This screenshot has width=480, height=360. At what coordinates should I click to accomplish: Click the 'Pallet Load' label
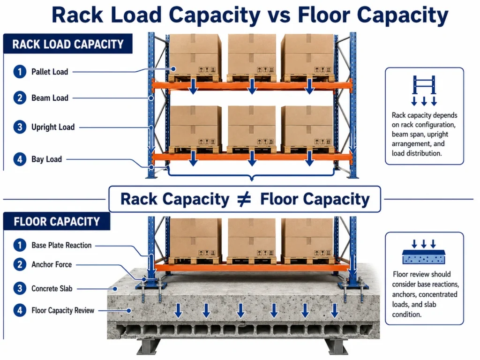pyautogui.click(x=50, y=72)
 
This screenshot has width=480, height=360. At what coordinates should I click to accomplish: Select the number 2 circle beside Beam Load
pyautogui.click(x=20, y=98)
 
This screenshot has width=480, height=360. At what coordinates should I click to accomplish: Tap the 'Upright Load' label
pyautogui.click(x=53, y=127)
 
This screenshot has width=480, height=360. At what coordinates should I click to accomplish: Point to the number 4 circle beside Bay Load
pyautogui.click(x=20, y=159)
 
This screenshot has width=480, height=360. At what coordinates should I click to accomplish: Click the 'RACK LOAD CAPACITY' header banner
pyautogui.click(x=68, y=44)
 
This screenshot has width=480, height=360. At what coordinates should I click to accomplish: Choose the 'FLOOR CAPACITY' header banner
pyautogui.click(x=57, y=221)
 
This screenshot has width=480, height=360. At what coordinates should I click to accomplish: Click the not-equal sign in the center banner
pyautogui.click(x=244, y=199)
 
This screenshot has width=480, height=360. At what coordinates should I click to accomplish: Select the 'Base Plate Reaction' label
pyautogui.click(x=61, y=245)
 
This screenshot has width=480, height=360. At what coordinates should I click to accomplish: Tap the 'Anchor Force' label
pyautogui.click(x=52, y=264)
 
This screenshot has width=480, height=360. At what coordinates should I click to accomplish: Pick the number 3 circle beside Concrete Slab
pyautogui.click(x=20, y=288)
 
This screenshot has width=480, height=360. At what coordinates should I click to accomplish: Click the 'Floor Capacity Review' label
pyautogui.click(x=63, y=310)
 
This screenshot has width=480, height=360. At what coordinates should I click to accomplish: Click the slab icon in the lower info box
pyautogui.click(x=424, y=252)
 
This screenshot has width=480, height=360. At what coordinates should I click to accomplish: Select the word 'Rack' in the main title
pyautogui.click(x=78, y=15)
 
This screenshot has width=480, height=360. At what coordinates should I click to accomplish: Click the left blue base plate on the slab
pyautogui.click(x=151, y=286)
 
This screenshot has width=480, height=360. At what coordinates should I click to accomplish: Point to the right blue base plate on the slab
pyautogui.click(x=352, y=286)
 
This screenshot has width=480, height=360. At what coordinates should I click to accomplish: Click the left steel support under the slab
pyautogui.click(x=149, y=346)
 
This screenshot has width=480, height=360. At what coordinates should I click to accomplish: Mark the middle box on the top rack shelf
pyautogui.click(x=252, y=54)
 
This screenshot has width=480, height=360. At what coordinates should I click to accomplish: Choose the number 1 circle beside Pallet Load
pyautogui.click(x=20, y=72)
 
